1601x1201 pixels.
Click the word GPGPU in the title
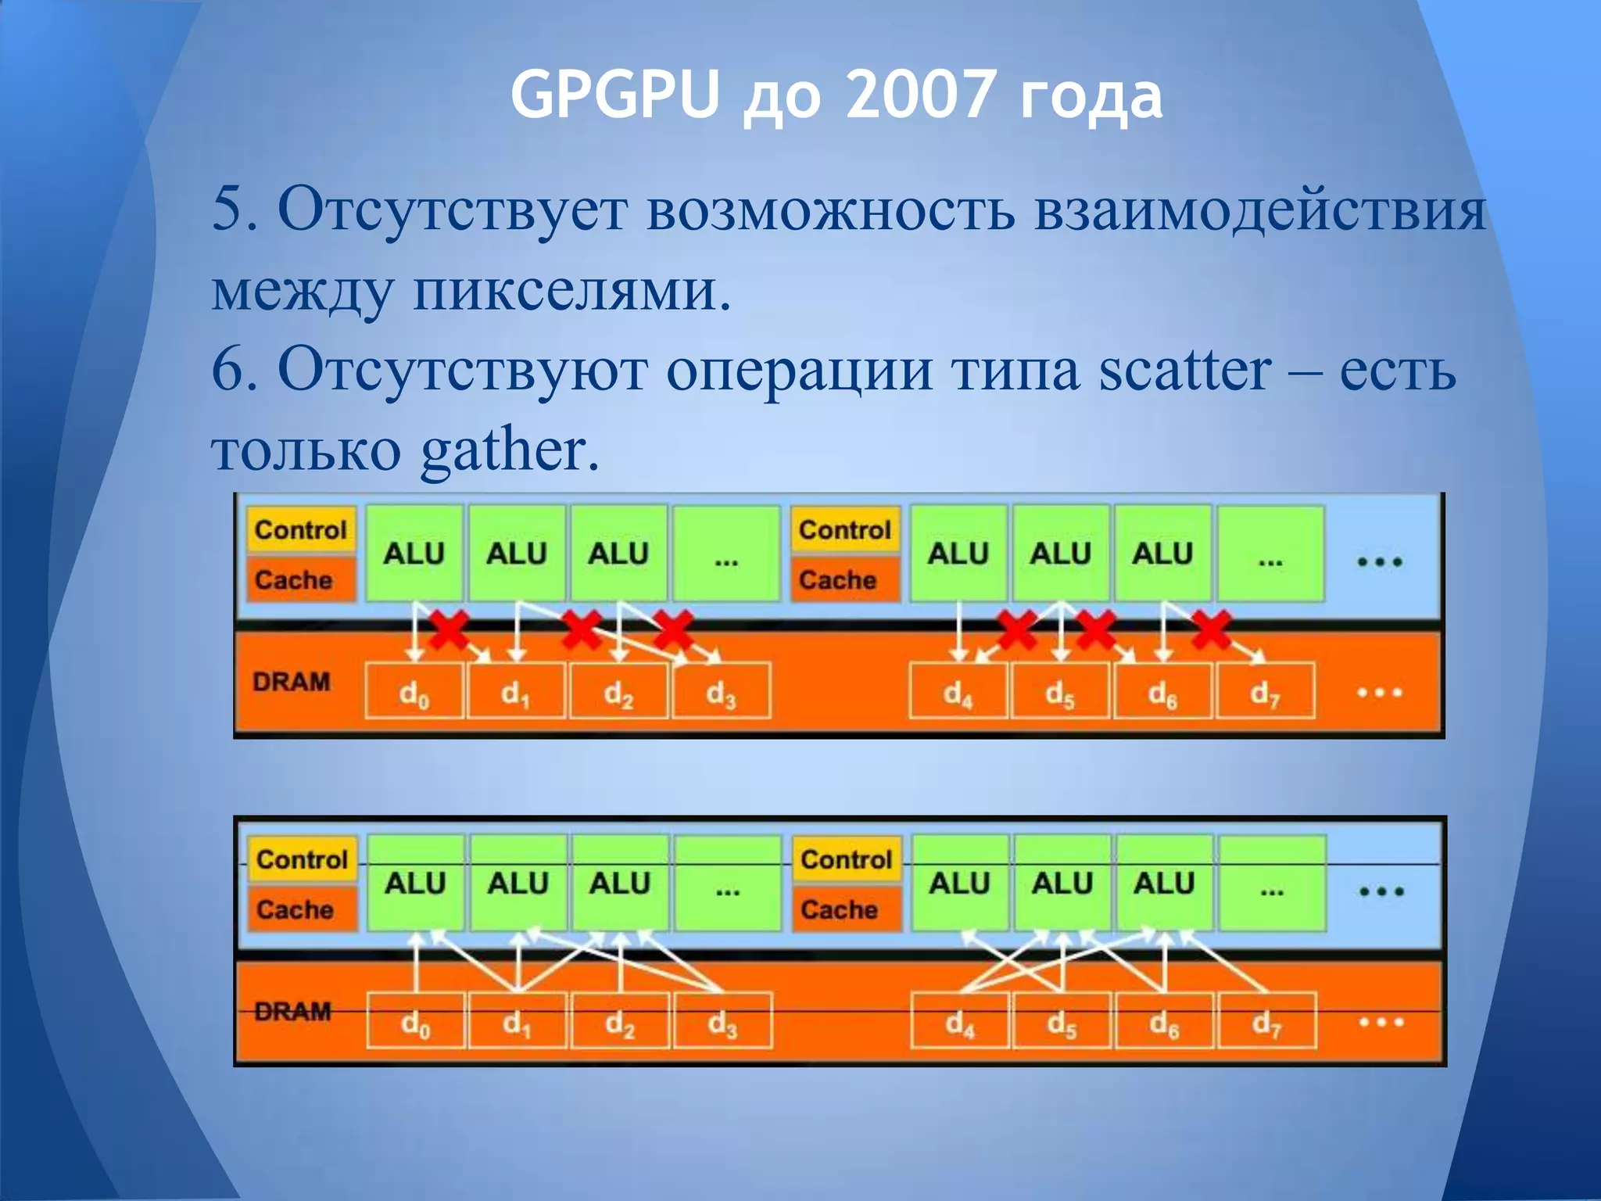[614, 95]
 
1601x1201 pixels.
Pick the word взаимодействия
[1259, 210]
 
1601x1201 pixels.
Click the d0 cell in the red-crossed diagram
[414, 691]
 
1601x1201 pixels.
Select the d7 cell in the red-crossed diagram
[1265, 691]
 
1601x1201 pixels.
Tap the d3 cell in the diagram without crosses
[722, 1021]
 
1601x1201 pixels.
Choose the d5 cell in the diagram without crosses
[1061, 1021]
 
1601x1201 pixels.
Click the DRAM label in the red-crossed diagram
[291, 682]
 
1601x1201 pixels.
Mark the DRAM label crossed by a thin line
[292, 1012]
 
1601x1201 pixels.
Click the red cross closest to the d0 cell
[448, 628]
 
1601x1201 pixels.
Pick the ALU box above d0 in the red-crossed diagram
[414, 554]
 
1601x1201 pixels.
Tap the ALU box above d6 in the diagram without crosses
[1164, 884]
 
